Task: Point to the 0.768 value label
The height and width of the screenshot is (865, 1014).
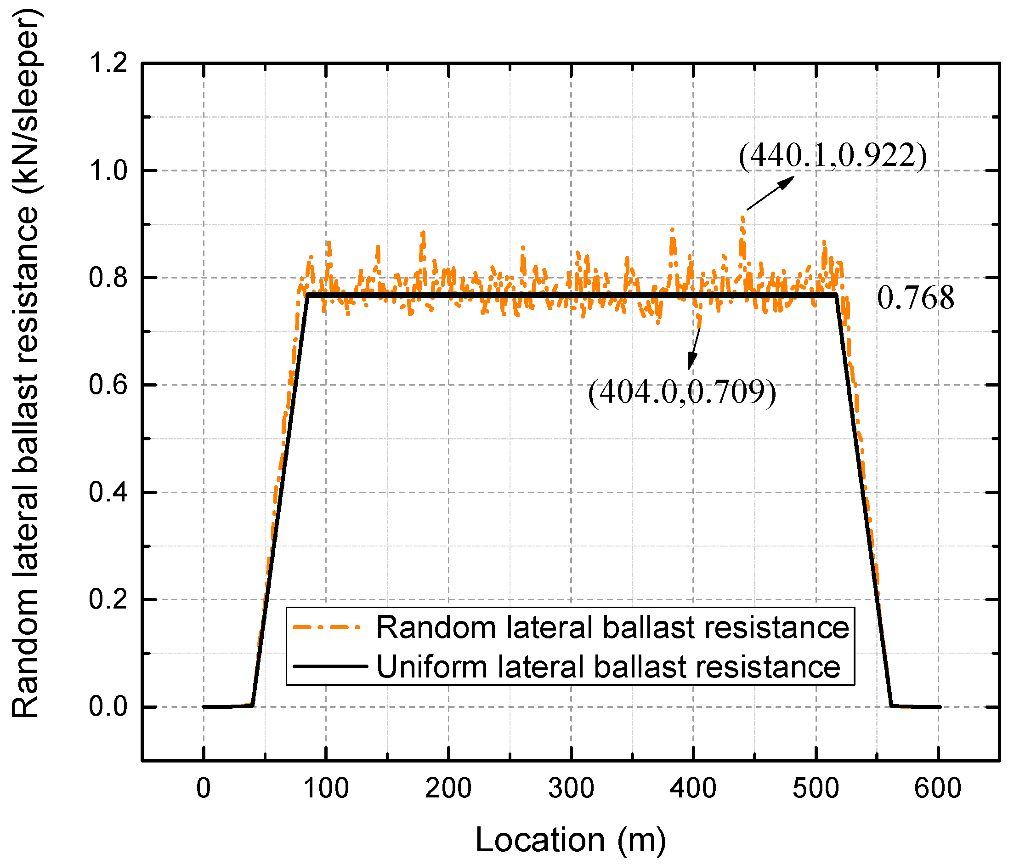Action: (x=915, y=298)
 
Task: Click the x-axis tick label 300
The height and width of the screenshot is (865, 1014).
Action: (x=571, y=788)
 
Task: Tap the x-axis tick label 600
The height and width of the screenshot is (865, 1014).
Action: (x=938, y=788)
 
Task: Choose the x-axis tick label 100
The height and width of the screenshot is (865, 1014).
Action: (x=326, y=788)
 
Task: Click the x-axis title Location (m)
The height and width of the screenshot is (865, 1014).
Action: (x=571, y=840)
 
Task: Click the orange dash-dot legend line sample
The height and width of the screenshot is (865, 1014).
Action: (x=327, y=627)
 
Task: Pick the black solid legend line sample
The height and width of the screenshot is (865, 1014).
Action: (x=330, y=666)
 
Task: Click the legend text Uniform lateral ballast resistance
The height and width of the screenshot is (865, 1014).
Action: (x=608, y=667)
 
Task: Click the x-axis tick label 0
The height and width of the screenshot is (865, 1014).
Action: (x=204, y=788)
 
